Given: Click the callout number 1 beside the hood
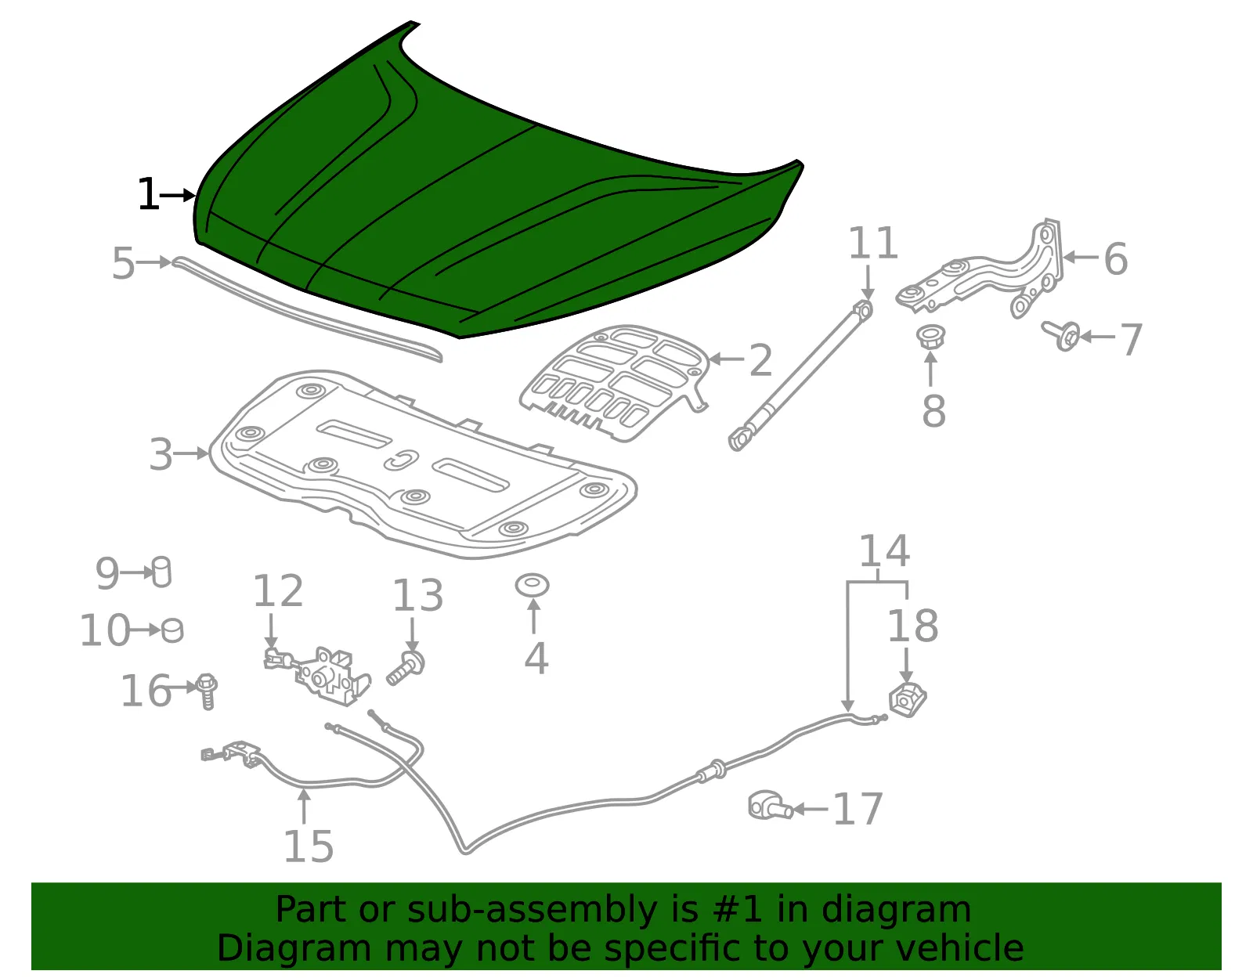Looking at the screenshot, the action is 148,194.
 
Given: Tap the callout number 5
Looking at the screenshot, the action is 124,263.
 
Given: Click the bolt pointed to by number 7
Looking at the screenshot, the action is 1061,335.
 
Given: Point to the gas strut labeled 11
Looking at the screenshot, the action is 801,375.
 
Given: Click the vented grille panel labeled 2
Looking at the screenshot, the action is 615,383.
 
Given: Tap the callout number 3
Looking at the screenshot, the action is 161,454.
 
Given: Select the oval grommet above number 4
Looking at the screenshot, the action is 532,585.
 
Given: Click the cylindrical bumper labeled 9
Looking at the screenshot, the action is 161,572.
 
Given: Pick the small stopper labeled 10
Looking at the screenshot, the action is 172,630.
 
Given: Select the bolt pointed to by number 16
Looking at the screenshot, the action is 207,691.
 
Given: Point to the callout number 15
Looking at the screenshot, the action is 309,846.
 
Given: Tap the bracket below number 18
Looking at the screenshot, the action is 907,700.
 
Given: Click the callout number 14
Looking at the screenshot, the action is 884,551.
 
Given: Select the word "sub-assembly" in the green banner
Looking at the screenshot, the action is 532,910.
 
